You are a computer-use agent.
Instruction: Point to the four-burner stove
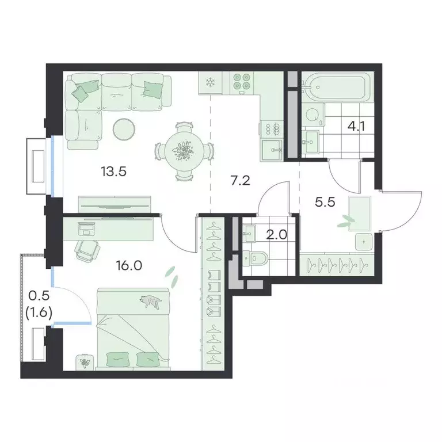242,82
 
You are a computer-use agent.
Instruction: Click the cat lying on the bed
151,300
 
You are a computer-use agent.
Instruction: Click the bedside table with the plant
85,361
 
